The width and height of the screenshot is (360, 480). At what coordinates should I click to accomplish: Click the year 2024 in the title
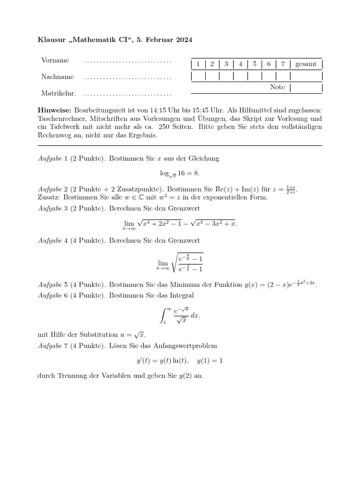[183, 40]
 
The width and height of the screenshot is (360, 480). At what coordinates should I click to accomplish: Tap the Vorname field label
[55, 60]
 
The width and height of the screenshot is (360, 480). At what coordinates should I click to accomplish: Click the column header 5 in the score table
[255, 64]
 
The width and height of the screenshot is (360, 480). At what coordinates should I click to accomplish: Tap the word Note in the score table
[277, 87]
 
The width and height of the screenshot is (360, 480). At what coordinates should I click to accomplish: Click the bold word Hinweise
[53, 110]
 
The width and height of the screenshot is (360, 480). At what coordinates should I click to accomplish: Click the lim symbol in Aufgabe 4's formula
[163, 263]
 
